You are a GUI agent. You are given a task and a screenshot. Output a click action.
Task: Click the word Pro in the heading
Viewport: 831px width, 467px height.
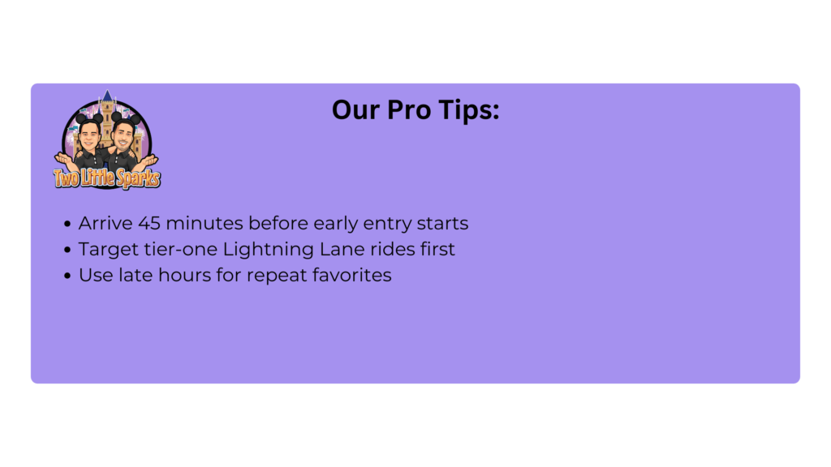click(407, 110)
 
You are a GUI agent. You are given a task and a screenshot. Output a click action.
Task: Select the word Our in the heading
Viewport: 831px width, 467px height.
click(355, 110)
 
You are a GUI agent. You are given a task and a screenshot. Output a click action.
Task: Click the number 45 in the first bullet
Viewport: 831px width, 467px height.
click(149, 224)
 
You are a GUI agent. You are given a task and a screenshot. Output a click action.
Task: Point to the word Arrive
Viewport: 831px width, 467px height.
click(105, 224)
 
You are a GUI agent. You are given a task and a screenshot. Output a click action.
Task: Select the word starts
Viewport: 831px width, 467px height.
click(442, 224)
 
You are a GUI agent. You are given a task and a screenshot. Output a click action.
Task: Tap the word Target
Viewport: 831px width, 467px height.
click(109, 250)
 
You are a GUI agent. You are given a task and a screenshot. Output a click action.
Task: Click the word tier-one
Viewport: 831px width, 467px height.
click(181, 250)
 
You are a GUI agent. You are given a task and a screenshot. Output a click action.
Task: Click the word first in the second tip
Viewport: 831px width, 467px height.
click(437, 250)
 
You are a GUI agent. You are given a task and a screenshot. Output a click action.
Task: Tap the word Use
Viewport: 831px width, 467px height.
click(96, 276)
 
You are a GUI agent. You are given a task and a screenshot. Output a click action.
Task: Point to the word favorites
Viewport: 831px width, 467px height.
click(352, 276)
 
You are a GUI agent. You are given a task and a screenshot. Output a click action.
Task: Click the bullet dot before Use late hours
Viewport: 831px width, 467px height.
click(67, 276)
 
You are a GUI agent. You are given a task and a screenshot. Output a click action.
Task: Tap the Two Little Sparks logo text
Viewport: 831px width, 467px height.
click(107, 178)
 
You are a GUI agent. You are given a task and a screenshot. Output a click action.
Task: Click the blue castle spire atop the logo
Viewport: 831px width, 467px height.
click(108, 96)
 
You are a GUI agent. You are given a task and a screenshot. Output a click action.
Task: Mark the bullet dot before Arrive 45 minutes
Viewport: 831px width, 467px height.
click(67, 224)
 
